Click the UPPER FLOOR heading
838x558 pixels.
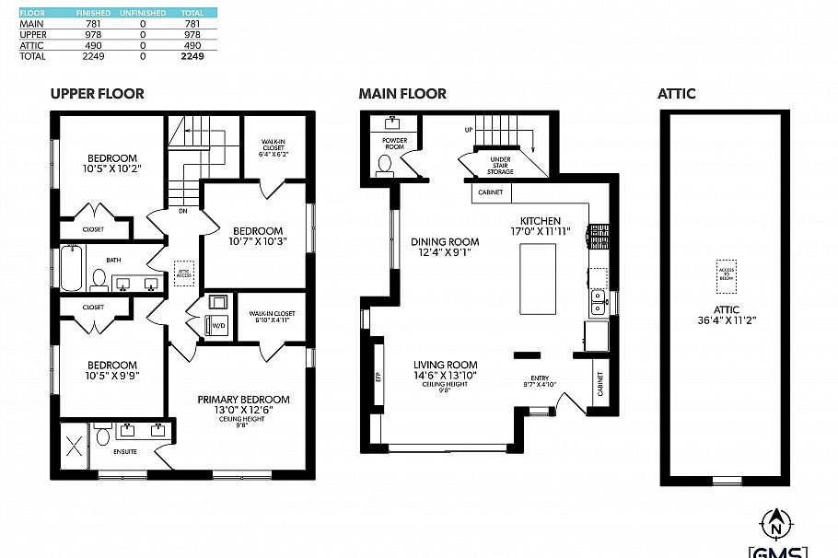[x=97, y=94]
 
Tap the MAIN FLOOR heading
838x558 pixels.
[x=402, y=94]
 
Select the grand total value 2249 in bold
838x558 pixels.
[x=192, y=56]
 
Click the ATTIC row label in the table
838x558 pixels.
[x=32, y=45]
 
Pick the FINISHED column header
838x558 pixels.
[x=94, y=13]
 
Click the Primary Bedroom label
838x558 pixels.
[x=243, y=400]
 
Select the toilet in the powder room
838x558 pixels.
[x=385, y=164]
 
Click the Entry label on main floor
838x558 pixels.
[x=539, y=378]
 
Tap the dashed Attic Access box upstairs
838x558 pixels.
[x=184, y=271]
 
